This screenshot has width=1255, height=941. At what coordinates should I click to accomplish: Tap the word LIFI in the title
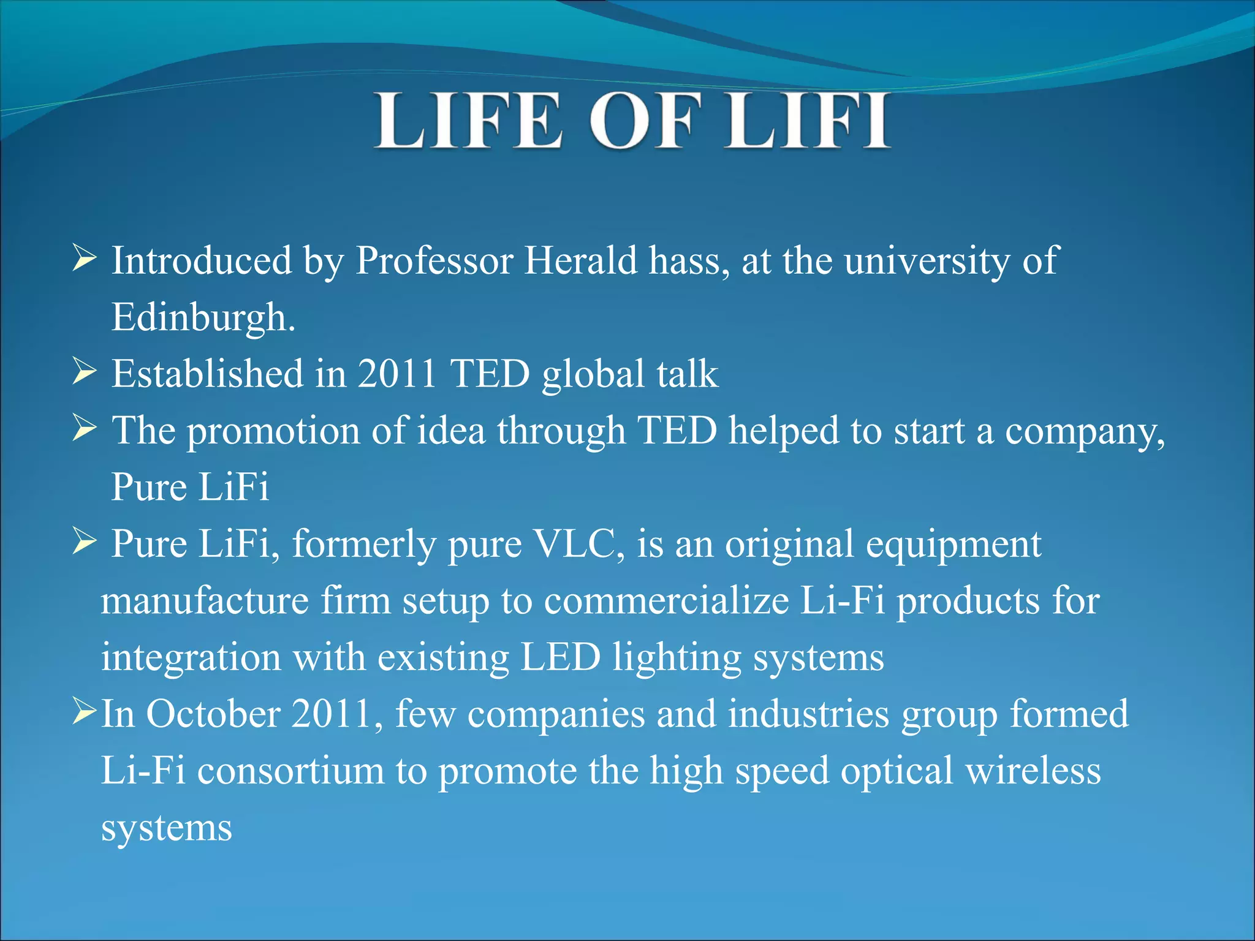[x=808, y=121]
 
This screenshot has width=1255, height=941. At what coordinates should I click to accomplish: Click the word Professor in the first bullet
[x=434, y=261]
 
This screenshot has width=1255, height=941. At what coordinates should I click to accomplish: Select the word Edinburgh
[x=203, y=317]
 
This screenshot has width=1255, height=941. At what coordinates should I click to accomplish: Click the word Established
[x=207, y=374]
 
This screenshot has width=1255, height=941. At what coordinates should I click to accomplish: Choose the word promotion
[x=273, y=431]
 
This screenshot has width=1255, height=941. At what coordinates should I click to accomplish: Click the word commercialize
[x=666, y=601]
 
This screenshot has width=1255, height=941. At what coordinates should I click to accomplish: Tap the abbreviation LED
[x=561, y=657]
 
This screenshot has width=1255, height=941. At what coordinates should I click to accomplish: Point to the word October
[x=213, y=714]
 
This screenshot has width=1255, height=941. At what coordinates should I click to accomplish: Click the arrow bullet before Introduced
[x=84, y=258]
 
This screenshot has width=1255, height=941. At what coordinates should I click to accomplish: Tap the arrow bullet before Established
[x=84, y=371]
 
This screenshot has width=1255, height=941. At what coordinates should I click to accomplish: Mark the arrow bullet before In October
[x=84, y=711]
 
